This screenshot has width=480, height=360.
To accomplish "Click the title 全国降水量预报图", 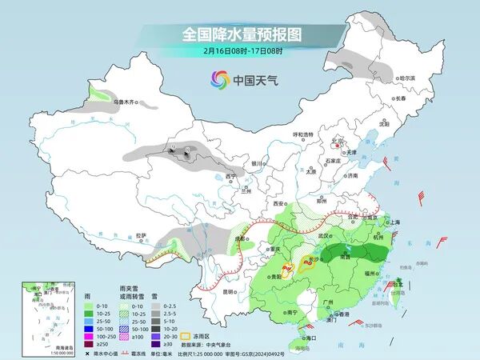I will (x=239, y=34).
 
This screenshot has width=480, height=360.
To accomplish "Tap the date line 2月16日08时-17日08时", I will (x=239, y=50).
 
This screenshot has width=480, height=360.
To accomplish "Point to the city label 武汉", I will (x=324, y=236).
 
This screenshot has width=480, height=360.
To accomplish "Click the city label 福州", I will (x=372, y=273).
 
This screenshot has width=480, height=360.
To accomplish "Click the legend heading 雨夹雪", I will (x=129, y=286).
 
